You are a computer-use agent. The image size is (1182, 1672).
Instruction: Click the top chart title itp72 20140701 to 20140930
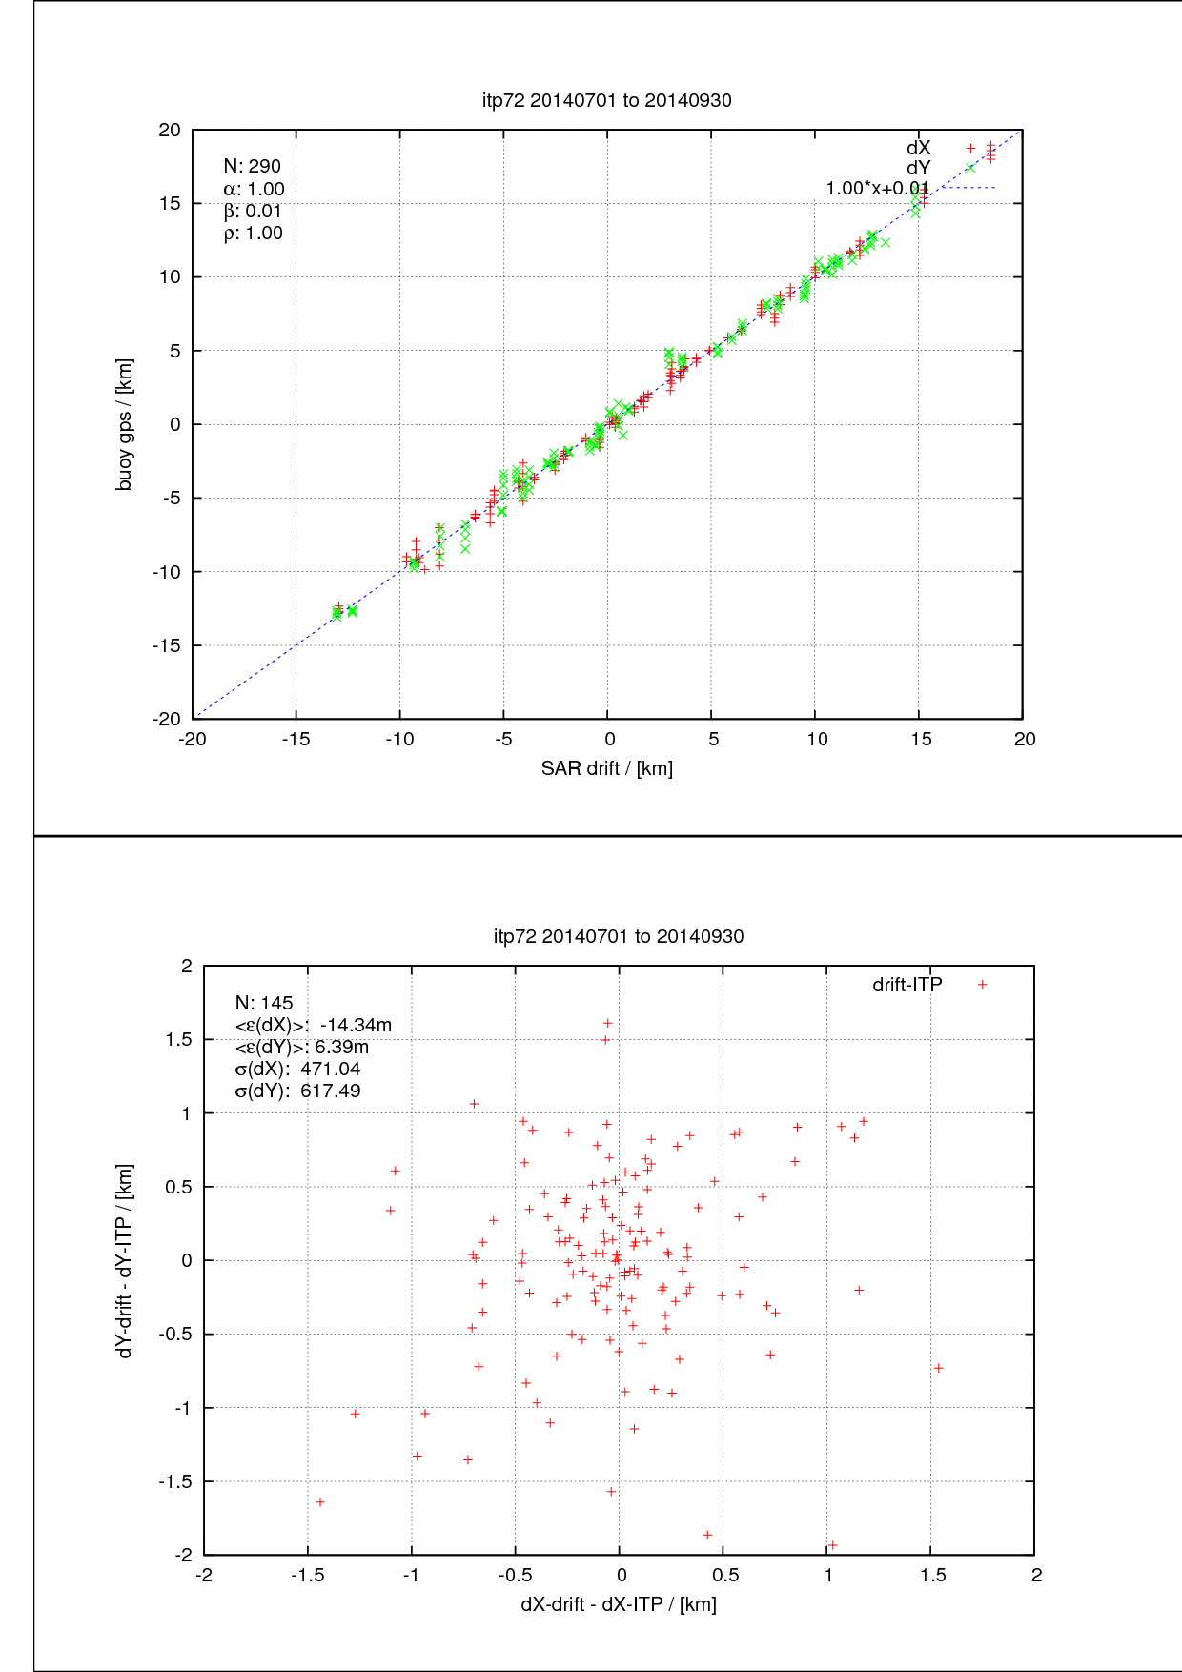(606, 100)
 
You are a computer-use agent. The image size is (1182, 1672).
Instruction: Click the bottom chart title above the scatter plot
(619, 936)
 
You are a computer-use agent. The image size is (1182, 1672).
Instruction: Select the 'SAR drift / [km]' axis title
(606, 768)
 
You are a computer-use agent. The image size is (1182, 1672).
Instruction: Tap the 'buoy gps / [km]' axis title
(124, 424)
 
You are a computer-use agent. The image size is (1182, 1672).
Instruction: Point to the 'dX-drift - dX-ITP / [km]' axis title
(618, 1604)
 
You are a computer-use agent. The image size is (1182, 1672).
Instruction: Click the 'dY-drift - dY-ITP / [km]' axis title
(124, 1260)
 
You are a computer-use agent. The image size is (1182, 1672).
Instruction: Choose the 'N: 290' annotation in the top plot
(252, 167)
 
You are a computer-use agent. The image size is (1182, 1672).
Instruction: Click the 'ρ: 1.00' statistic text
(253, 234)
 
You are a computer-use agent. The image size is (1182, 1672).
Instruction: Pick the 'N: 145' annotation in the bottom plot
(264, 1003)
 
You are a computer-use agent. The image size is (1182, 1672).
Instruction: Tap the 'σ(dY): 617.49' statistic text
(297, 1091)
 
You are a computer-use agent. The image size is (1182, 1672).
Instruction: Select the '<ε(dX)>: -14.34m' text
(313, 1025)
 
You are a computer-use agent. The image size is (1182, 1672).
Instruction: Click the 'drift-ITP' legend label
(907, 985)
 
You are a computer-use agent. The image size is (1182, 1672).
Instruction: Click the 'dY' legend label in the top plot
(918, 169)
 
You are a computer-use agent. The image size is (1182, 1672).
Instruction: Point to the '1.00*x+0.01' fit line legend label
(876, 189)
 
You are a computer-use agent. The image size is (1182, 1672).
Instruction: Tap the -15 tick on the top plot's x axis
(295, 739)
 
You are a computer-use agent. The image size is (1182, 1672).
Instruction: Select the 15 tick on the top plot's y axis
(170, 203)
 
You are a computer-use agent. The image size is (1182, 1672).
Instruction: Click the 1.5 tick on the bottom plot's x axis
(932, 1575)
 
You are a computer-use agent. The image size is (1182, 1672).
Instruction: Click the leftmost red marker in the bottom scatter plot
(320, 1502)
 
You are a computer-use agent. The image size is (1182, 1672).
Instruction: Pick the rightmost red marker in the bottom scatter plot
(938, 1368)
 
